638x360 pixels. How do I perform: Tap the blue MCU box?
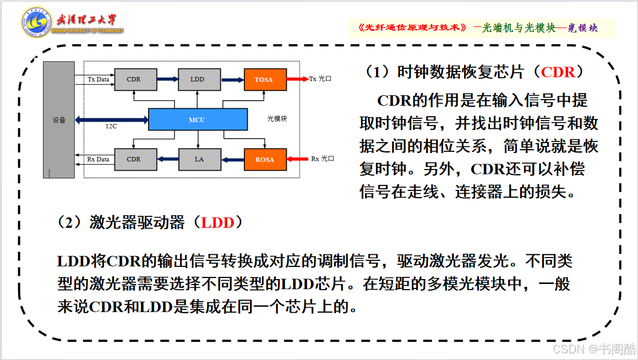point(198,119)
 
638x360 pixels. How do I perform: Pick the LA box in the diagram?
point(200,159)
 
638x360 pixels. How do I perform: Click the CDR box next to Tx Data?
point(135,79)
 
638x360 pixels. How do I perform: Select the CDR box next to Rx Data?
point(135,159)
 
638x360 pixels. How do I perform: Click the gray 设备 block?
point(59,119)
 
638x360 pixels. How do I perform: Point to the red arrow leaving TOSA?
point(298,79)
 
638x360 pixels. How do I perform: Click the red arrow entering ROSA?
point(297,159)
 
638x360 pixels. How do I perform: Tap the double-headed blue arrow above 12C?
point(112,119)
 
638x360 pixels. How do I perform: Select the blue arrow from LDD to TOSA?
point(233,80)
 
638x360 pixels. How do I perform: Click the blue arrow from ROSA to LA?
point(233,160)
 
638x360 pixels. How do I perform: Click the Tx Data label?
point(99,79)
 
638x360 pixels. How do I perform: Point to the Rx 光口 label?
point(323,159)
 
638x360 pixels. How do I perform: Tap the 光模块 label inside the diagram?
point(277,119)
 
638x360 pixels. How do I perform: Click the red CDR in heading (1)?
point(558,72)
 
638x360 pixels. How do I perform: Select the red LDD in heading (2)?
point(217,222)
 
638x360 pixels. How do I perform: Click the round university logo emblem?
point(36,22)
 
